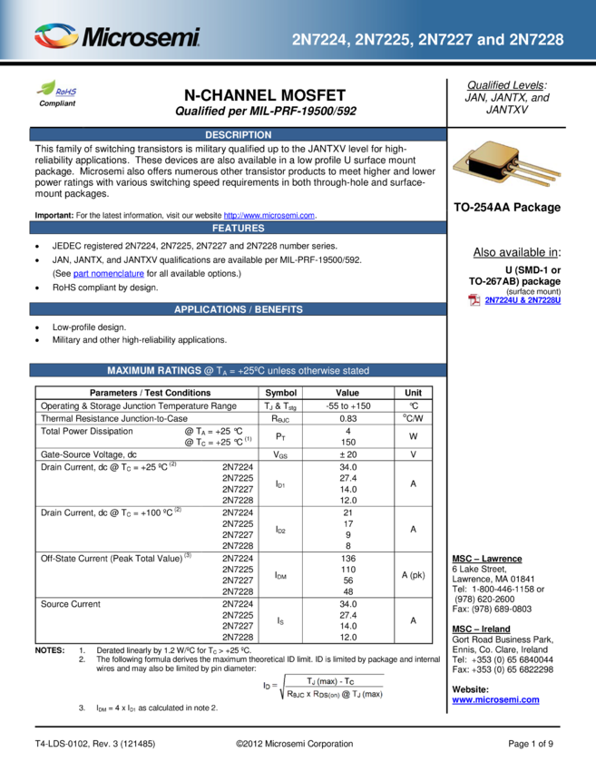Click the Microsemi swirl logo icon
click(56, 37)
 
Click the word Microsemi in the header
click(142, 38)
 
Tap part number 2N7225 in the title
click(383, 40)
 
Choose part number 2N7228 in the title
click(536, 40)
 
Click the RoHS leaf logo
click(57, 89)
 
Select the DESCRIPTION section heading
click(238, 135)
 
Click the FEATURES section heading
click(238, 228)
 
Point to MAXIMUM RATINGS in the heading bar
click(154, 370)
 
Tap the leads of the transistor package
click(539, 171)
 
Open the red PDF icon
click(474, 300)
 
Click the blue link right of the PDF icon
click(523, 300)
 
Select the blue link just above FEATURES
click(269, 216)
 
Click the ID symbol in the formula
click(269, 686)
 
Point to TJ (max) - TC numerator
click(334, 680)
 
